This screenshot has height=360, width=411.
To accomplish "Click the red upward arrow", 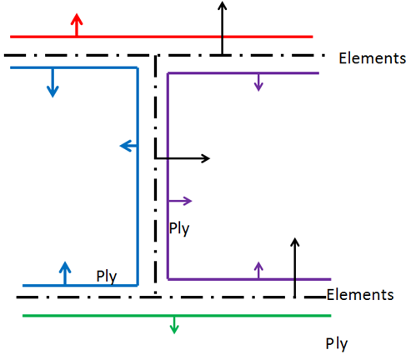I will click(x=77, y=25).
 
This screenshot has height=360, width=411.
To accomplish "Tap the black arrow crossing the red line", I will click(x=222, y=28).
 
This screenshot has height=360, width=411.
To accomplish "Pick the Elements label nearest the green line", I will click(x=360, y=295).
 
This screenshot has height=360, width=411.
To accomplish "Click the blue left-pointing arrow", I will click(x=128, y=147).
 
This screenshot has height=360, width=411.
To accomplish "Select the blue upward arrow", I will click(x=65, y=272).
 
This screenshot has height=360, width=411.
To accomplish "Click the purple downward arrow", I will click(x=258, y=82).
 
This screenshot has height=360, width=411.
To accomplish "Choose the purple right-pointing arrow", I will click(x=180, y=201).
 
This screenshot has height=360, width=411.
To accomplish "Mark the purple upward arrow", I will click(x=258, y=269).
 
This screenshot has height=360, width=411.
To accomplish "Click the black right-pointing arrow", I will click(x=183, y=157).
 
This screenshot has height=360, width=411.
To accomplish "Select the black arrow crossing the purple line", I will click(x=294, y=267).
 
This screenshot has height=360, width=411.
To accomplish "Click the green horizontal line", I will click(x=250, y=316).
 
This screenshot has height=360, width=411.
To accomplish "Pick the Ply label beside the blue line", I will click(x=106, y=276).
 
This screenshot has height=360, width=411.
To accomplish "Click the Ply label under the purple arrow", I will click(x=179, y=227).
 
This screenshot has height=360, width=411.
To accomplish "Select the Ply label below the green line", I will click(x=337, y=343).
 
